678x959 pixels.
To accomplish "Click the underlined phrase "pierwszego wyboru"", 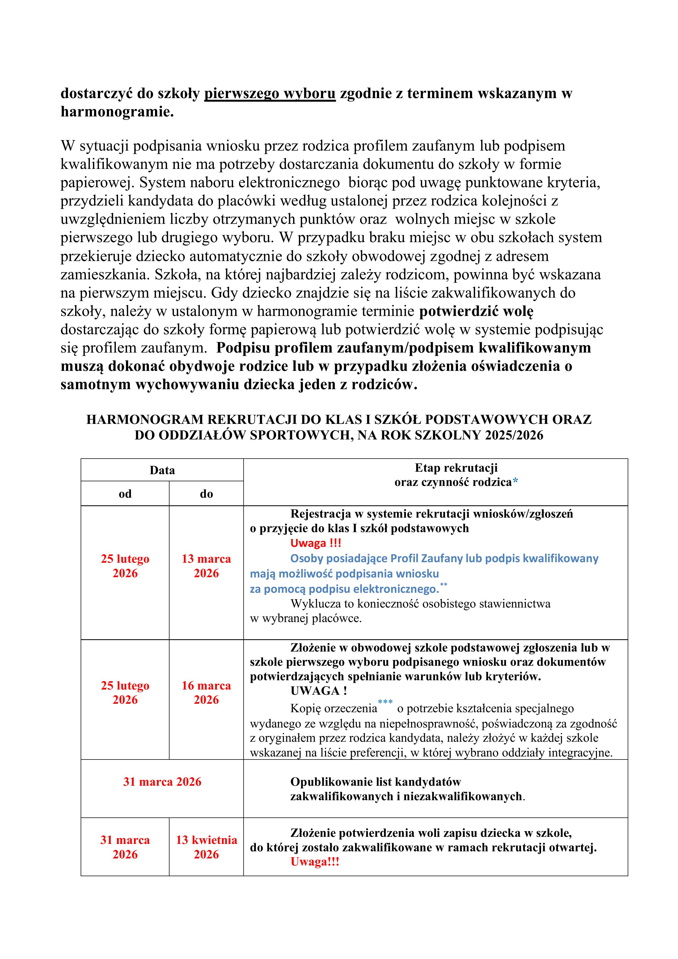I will (x=270, y=93).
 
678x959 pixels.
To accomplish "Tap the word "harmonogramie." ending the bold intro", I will (x=117, y=112).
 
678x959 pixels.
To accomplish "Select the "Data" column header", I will (x=162, y=470).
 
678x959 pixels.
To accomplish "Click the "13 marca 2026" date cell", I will (x=206, y=566).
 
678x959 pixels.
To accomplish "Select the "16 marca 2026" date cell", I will (x=206, y=693).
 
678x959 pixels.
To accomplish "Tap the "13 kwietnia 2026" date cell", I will (x=206, y=847).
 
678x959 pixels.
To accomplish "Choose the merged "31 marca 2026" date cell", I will (x=162, y=782).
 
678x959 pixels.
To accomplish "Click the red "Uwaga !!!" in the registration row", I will (x=316, y=543).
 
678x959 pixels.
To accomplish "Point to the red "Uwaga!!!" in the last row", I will (x=315, y=862).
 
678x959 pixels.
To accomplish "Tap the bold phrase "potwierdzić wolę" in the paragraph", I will (x=476, y=311).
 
